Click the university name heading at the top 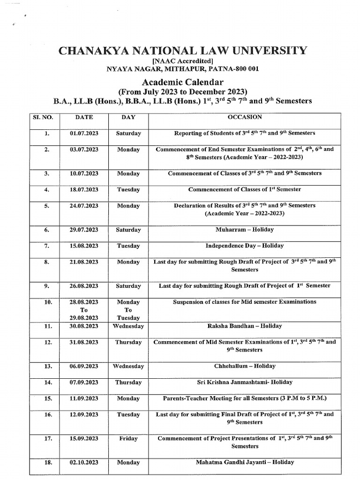click(x=183, y=50)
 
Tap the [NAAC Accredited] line click(x=183, y=60)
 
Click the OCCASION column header click(x=245, y=117)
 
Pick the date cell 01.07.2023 click(x=84, y=134)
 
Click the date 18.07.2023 click(x=84, y=189)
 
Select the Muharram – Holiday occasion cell click(x=245, y=230)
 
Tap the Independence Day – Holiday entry click(x=245, y=246)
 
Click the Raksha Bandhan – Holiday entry click(x=245, y=326)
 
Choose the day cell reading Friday click(x=128, y=439)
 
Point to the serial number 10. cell click(x=47, y=302)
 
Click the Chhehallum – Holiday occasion click(x=245, y=366)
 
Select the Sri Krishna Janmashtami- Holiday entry click(x=245, y=382)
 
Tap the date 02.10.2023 click(x=84, y=463)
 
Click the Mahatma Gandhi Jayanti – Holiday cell click(x=245, y=462)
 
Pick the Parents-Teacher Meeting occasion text click(x=245, y=398)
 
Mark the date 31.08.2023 click(x=84, y=342)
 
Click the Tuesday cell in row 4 click(x=128, y=189)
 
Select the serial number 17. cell click(x=47, y=439)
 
